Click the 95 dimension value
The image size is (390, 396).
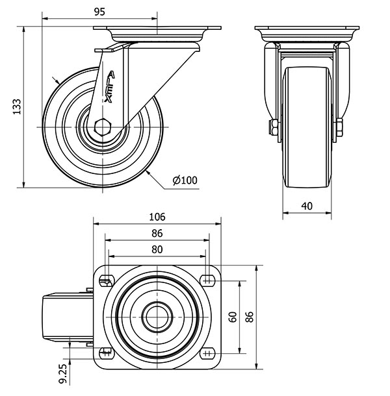point(99,12)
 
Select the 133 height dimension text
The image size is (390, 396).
point(17,106)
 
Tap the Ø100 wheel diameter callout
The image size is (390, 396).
point(185,180)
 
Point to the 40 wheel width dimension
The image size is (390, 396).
point(307,206)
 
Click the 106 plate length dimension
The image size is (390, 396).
point(157,217)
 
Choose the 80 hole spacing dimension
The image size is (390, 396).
point(157,249)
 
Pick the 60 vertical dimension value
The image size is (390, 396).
point(233,317)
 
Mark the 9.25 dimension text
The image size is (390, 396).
point(62,373)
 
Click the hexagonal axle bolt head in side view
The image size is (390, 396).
point(103,127)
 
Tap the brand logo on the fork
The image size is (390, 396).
point(109,86)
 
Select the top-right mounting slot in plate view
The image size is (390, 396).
point(207,280)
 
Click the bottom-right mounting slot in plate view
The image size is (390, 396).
point(207,353)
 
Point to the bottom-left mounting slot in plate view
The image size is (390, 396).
point(107,353)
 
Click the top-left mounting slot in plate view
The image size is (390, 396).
point(107,280)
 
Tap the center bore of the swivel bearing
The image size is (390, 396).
point(157,317)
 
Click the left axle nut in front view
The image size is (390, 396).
point(274,127)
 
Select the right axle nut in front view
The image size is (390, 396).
point(339,127)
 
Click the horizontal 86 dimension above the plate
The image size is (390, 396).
point(157,233)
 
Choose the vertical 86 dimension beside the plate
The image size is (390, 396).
point(250,317)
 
